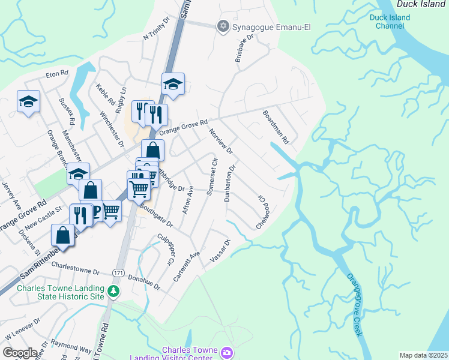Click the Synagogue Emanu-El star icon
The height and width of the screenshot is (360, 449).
223,25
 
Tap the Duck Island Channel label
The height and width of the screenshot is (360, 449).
390,22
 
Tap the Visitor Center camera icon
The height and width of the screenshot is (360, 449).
226,352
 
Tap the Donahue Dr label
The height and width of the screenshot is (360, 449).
144,280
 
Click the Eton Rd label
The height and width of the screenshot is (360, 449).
58,75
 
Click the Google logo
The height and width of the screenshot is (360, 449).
20,353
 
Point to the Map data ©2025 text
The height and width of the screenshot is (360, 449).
423,355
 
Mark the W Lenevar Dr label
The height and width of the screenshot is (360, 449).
22,328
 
